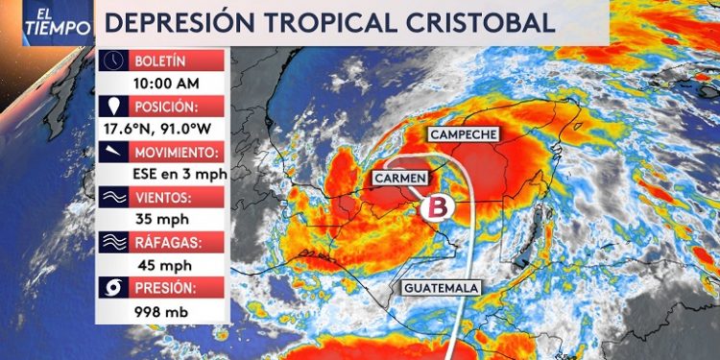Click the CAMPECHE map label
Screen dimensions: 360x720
tap(466, 135)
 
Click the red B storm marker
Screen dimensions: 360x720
tap(438, 207)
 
